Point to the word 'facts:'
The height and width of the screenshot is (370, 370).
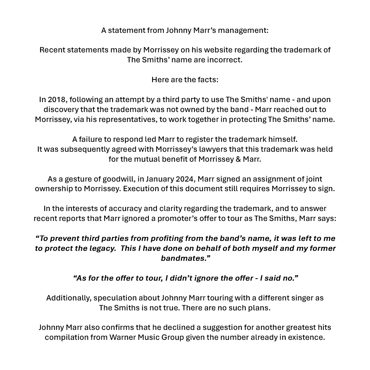pos(206,80)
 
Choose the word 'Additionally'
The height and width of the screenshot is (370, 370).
pos(68,298)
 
